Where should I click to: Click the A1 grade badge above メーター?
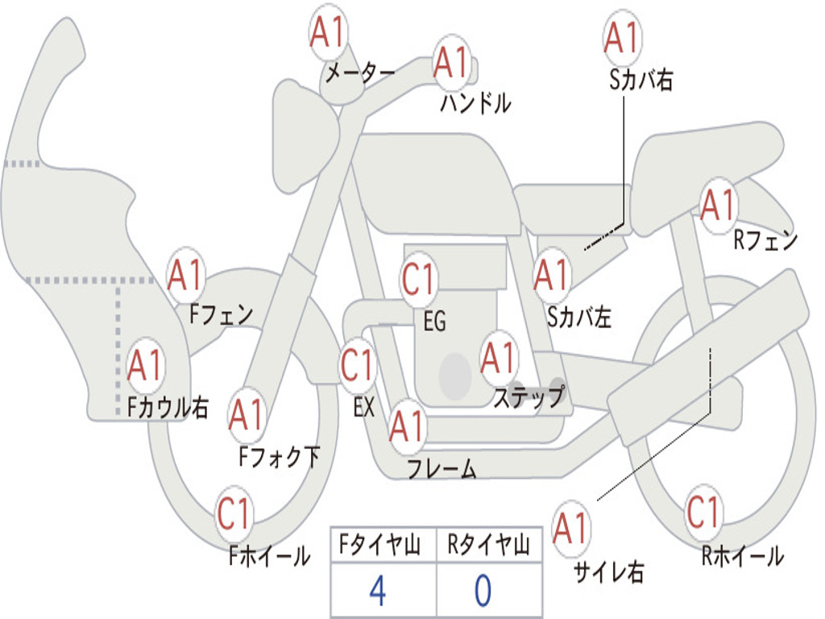click(x=328, y=32)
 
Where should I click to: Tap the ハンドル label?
click(x=475, y=102)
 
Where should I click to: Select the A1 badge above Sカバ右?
click(x=623, y=38)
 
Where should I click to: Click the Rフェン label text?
click(x=765, y=240)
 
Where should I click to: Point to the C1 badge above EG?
click(x=418, y=279)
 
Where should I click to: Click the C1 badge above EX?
click(x=357, y=365)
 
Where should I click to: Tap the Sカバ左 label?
click(x=578, y=318)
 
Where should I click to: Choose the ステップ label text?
click(x=529, y=397)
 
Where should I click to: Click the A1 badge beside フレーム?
click(x=407, y=426)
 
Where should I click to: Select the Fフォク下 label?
click(x=279, y=456)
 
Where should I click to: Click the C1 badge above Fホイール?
click(x=234, y=513)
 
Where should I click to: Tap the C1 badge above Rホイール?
click(x=703, y=512)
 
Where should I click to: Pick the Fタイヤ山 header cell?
click(x=383, y=545)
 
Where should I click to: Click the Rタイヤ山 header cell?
click(x=489, y=545)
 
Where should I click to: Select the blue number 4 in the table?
click(x=378, y=590)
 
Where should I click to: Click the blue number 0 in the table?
click(x=483, y=590)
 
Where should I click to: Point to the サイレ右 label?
click(x=609, y=572)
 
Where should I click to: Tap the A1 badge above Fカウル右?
click(x=145, y=365)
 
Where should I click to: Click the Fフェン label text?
click(x=221, y=315)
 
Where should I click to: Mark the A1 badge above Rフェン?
click(x=718, y=206)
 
